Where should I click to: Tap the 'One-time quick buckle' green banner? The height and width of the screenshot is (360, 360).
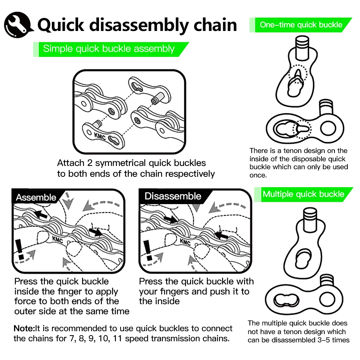click(301, 25)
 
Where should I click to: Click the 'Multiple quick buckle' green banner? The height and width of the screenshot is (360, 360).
click(303, 194)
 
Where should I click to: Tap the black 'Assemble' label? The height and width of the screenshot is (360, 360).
click(36, 197)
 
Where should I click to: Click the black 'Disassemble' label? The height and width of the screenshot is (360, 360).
click(173, 196)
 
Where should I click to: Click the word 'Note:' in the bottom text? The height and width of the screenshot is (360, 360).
click(24, 328)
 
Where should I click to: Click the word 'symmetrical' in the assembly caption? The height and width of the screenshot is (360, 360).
click(126, 163)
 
